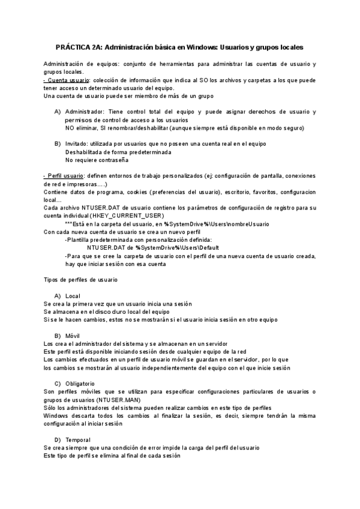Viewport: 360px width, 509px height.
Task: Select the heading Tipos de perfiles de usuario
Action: point(81,280)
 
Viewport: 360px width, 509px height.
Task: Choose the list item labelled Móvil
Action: point(74,335)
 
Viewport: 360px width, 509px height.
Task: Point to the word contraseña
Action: point(112,160)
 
